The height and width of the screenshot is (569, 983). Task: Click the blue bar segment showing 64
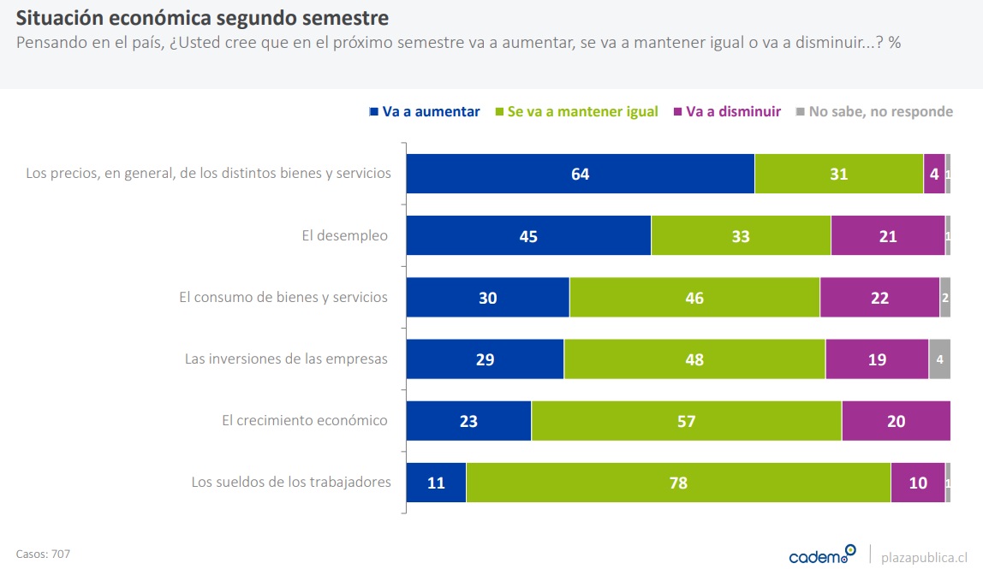point(580,174)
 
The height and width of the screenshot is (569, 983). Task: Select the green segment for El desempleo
point(741,235)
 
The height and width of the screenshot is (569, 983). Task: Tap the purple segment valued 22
point(879,298)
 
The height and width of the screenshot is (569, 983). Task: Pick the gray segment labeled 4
point(939,359)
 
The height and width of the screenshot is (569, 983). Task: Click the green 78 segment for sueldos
point(678,483)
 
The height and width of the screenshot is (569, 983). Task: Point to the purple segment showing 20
point(896,421)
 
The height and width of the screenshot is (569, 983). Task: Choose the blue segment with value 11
point(436,483)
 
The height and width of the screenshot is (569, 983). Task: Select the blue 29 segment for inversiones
point(485,359)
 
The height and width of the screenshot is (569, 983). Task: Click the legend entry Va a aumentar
point(425,112)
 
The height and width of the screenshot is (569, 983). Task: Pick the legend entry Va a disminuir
point(728,112)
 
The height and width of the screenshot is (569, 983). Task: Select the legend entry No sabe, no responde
point(875,112)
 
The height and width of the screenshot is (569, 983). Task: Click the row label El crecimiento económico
point(304,420)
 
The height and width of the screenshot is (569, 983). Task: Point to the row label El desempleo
point(344,235)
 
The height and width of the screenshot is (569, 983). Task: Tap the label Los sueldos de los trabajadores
point(291,482)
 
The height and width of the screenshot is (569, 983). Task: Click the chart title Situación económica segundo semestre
point(202,17)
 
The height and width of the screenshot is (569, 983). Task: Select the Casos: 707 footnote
point(43,554)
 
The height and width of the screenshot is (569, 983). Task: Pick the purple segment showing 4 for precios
point(934,174)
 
